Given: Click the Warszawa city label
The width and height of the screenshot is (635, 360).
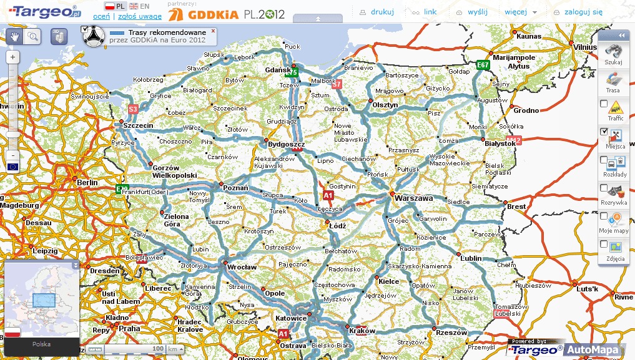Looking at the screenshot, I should click(414, 198).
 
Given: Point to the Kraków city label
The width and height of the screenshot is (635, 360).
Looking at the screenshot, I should click(362, 331).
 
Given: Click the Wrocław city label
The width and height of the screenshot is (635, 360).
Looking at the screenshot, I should click(242, 267).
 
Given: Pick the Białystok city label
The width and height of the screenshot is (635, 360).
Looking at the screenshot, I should click(500, 143).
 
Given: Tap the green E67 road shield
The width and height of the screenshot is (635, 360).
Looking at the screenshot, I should click(482, 64).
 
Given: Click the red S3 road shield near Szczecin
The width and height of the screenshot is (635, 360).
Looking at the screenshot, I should click(133, 109).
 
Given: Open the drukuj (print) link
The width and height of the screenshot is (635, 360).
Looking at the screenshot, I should click(382, 11).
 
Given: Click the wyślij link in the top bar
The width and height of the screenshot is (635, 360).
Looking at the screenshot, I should click(478, 11).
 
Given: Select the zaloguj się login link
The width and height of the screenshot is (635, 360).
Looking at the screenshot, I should click(583, 11).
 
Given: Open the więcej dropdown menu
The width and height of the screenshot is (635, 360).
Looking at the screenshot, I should click(521, 11).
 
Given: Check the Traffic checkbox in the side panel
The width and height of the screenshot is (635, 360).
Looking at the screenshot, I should click(604, 104).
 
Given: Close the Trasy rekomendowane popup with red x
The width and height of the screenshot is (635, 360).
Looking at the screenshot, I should click(213, 30).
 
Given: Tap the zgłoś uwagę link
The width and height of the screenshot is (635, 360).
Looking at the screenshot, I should click(136, 16).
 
